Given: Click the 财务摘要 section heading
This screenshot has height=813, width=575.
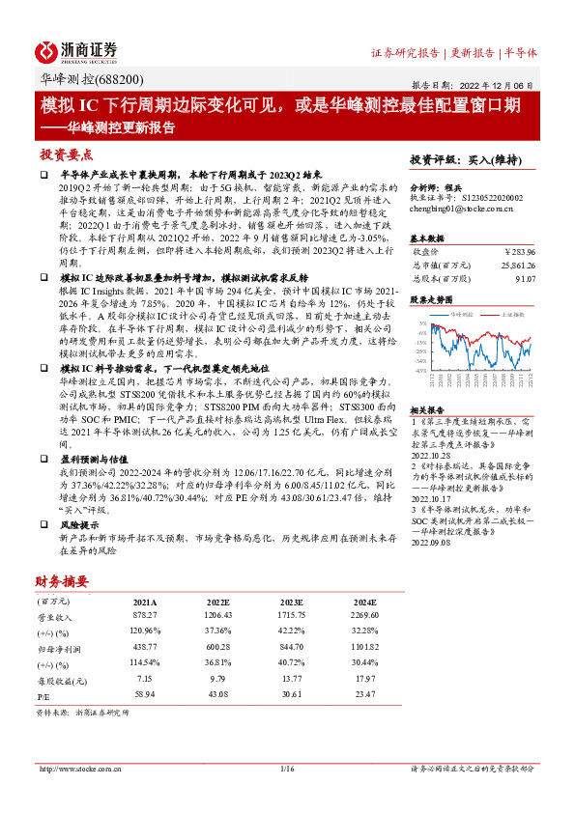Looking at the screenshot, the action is tap(63, 581).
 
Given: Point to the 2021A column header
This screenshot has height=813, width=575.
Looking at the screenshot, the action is tap(145, 602).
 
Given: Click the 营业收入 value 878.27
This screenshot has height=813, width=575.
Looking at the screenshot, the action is tap(145, 616).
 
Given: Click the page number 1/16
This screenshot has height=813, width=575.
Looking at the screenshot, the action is tap(286, 769).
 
